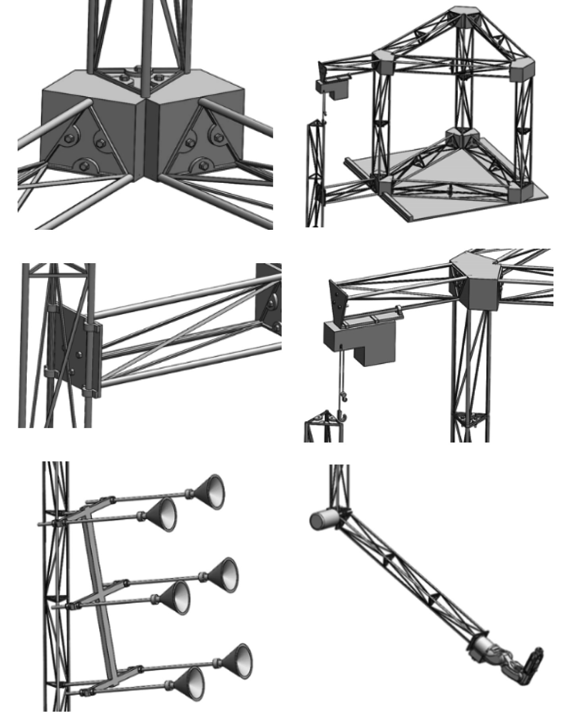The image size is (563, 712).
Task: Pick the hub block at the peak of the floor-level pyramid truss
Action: (463, 135)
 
